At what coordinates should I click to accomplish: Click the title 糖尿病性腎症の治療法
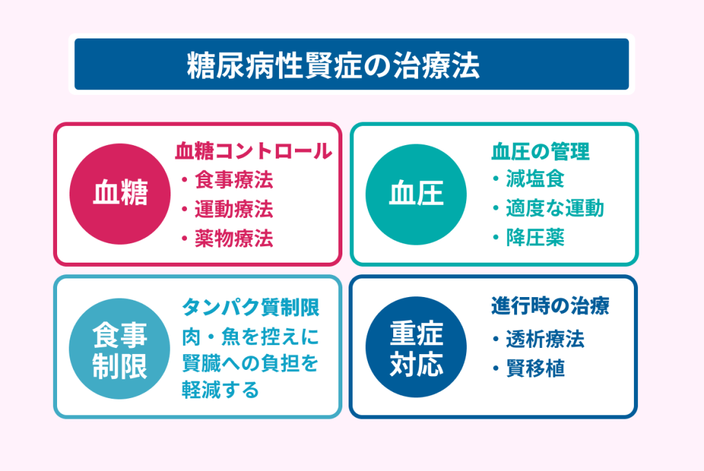pos(333,65)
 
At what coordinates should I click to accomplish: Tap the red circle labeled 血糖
pos(120,194)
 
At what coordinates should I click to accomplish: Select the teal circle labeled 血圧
pos(416,194)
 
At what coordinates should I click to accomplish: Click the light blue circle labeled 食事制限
pos(120,349)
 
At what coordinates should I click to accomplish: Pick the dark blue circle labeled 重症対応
pos(416,347)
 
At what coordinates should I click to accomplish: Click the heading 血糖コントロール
pos(253,151)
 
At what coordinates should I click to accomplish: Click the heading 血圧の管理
pos(540,151)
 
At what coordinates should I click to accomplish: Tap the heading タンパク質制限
pos(250,307)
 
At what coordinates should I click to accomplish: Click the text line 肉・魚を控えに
pos(250,337)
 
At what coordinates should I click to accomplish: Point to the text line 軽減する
pos(221,390)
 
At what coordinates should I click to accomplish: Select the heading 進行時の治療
pos(551,306)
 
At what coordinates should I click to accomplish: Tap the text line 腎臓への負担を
pos(250,363)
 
